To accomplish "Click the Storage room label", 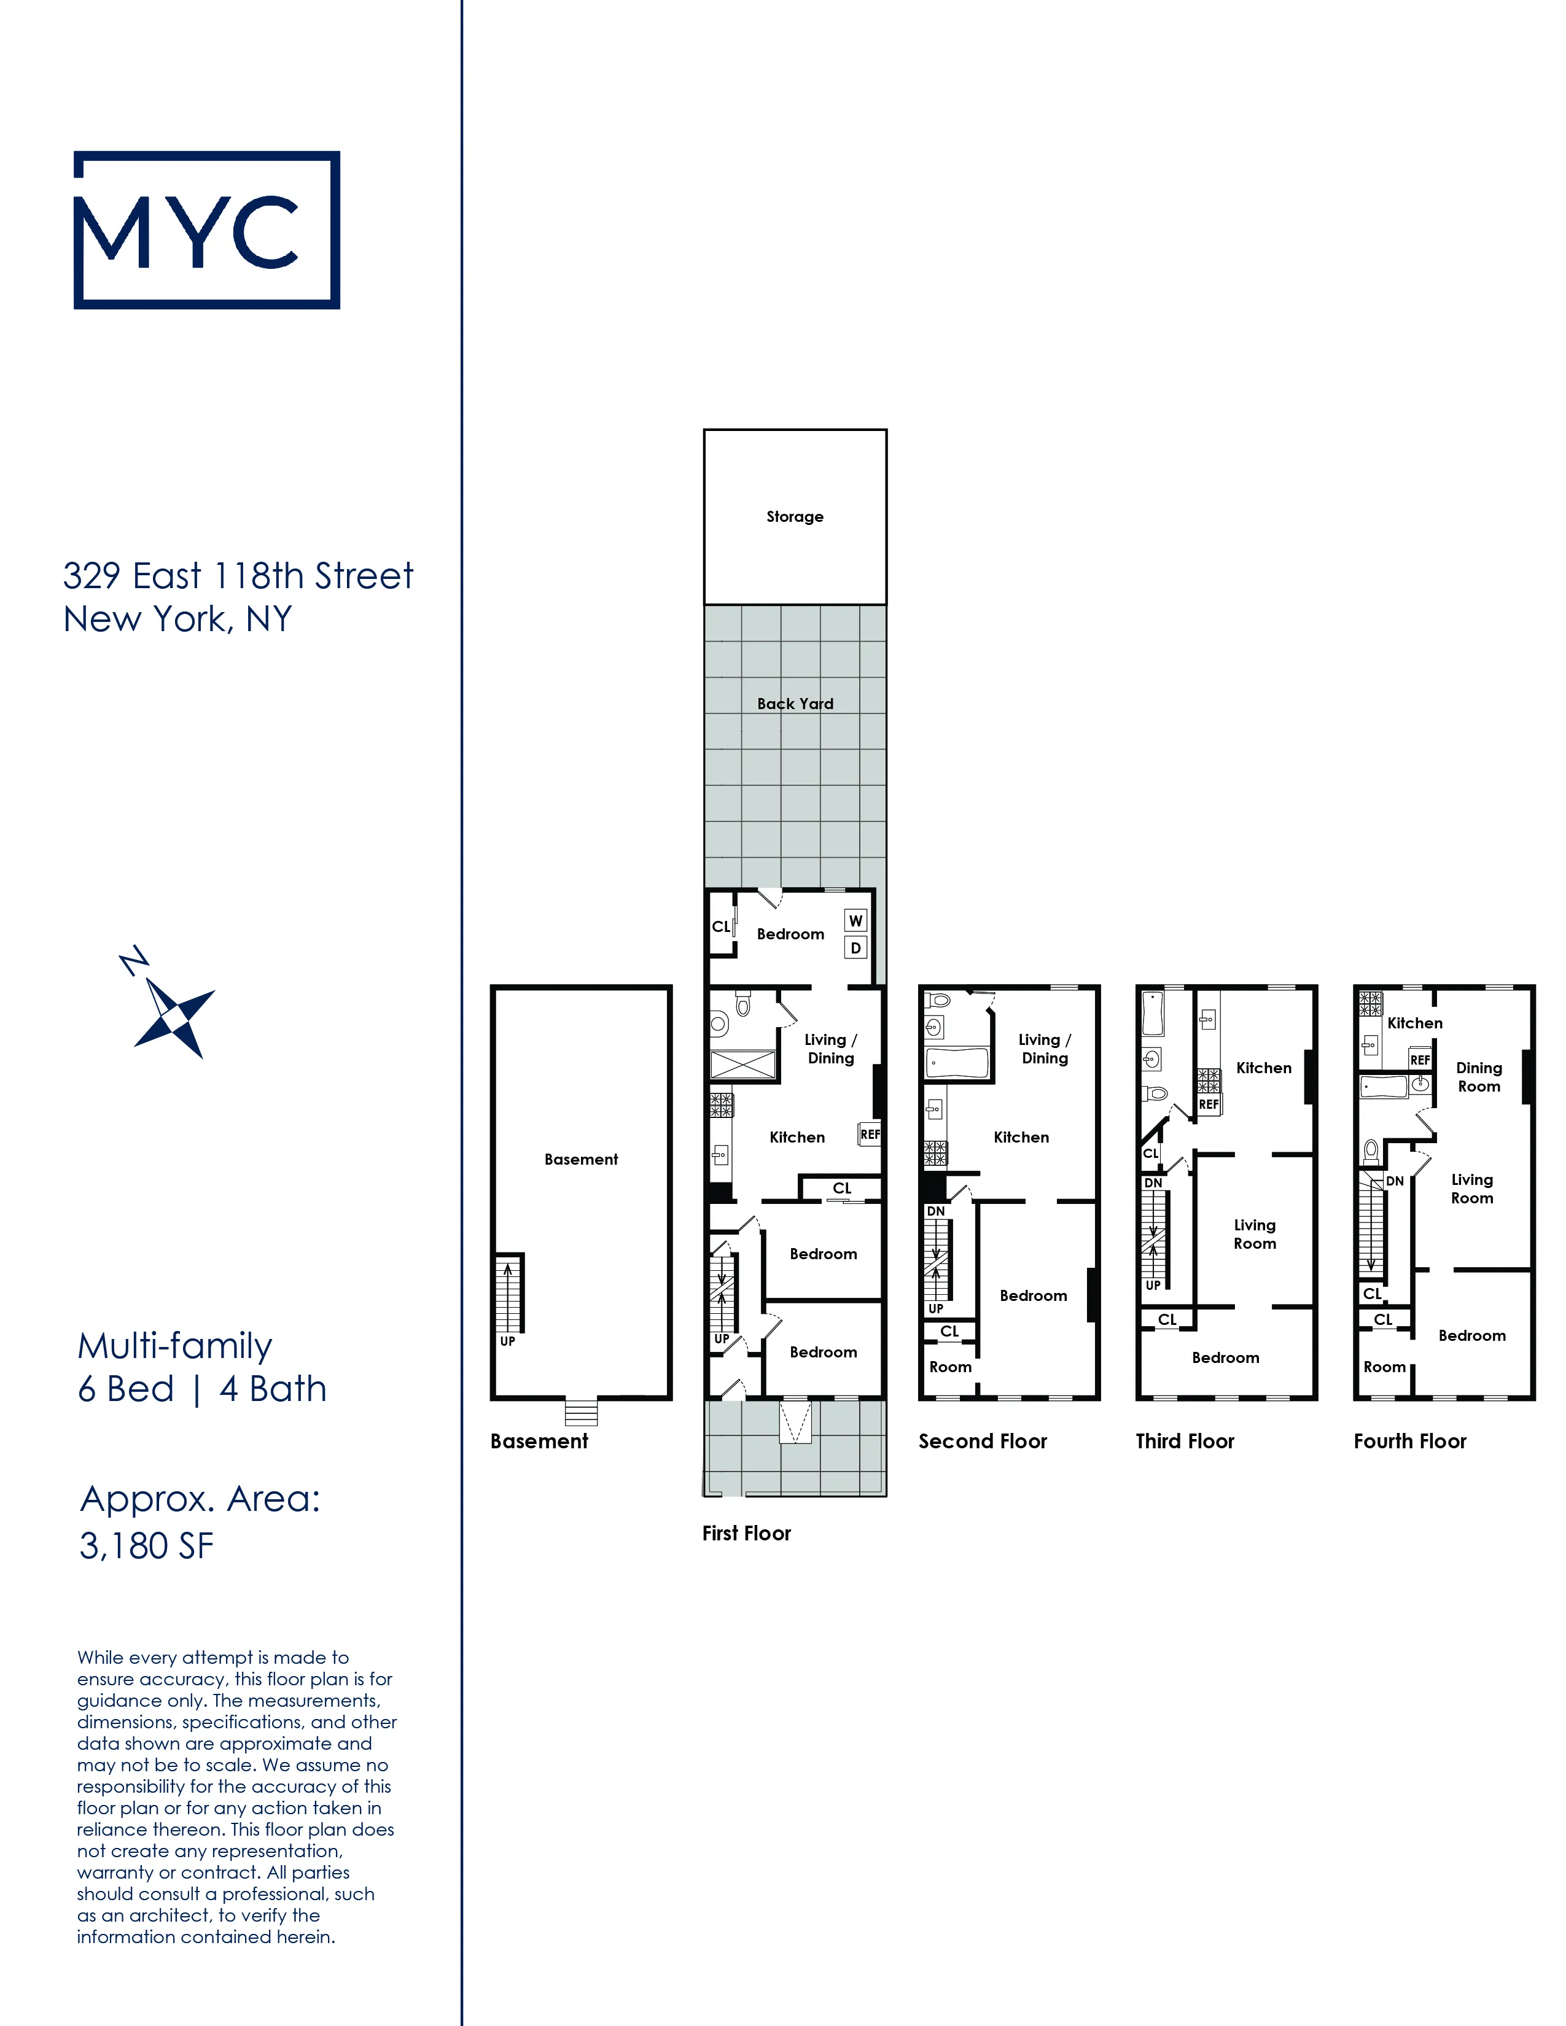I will coord(794,517).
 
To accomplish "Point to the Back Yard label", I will coord(795,703).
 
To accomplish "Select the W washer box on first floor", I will coord(855,920).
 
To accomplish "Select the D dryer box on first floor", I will coord(855,948).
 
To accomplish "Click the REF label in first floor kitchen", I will coord(869,1133).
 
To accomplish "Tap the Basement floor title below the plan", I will coord(539,1441).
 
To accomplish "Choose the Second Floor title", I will coord(983,1441).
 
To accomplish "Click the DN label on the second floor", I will coord(935,1211).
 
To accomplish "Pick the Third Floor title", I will coord(1185,1441).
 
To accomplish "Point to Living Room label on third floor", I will coord(1254,1234).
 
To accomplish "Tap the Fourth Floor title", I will coord(1409,1441).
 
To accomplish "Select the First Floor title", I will coord(746,1532).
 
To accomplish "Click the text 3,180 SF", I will coord(147,1545).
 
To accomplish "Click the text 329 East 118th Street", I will coord(238,575).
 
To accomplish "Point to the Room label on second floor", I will coord(950,1367).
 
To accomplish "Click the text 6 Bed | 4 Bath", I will coord(202,1389).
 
